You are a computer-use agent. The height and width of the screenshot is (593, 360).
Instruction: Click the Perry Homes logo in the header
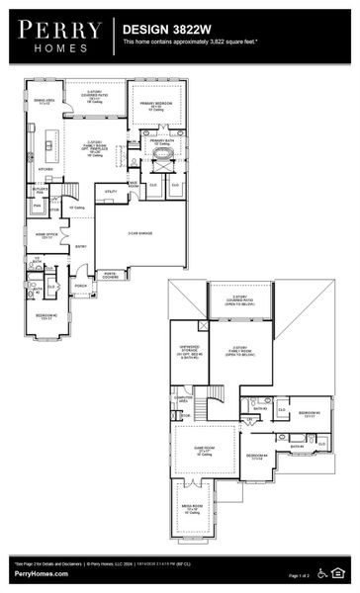pos(57,37)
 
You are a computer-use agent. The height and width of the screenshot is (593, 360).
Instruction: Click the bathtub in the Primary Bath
pos(162,154)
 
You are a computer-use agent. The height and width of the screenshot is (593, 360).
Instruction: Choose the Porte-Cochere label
pos(110,276)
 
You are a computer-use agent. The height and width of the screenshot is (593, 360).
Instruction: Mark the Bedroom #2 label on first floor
pos(46,317)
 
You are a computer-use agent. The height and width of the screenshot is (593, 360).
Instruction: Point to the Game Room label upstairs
pos(204,451)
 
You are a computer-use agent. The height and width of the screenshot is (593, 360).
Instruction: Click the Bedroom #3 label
pos(310,413)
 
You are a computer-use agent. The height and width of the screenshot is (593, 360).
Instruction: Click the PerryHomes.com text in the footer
pos(42,574)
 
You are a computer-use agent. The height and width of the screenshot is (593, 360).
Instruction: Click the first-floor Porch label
pos(81,288)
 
